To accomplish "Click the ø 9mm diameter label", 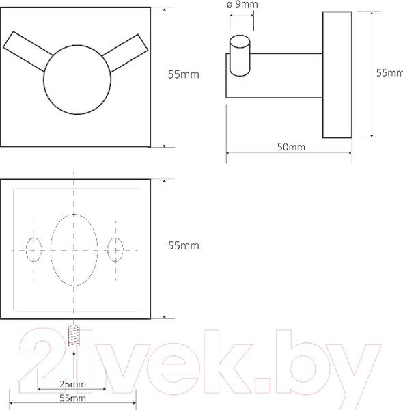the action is click(242, 5).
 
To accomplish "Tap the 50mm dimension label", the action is click(291, 147).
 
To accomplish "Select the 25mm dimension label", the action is click(72, 384).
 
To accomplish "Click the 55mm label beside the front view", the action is click(184, 74).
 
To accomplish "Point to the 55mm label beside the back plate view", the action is click(184, 245).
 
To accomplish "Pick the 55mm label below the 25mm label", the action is click(72, 398).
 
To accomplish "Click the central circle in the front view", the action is click(77, 80).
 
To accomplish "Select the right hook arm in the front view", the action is click(126, 53).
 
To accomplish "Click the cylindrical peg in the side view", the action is click(240, 55).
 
